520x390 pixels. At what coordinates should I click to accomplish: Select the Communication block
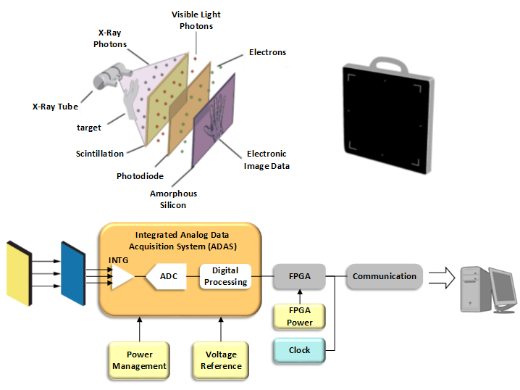tap(384, 276)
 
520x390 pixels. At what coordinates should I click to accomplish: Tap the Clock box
tap(299, 350)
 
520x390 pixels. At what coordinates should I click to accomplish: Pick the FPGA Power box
tap(299, 316)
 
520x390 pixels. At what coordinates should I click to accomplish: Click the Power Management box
tap(139, 360)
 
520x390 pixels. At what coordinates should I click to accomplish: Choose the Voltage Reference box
tap(221, 360)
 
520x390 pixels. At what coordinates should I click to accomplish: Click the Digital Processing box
tap(225, 276)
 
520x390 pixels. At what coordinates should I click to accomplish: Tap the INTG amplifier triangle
tap(122, 276)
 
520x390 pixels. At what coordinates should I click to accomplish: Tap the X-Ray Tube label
tap(55, 106)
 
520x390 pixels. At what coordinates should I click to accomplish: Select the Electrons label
tap(267, 52)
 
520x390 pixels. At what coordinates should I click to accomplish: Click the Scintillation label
tap(99, 154)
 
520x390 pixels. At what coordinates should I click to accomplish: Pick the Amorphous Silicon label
tap(173, 199)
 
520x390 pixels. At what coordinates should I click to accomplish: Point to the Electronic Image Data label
tap(267, 159)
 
